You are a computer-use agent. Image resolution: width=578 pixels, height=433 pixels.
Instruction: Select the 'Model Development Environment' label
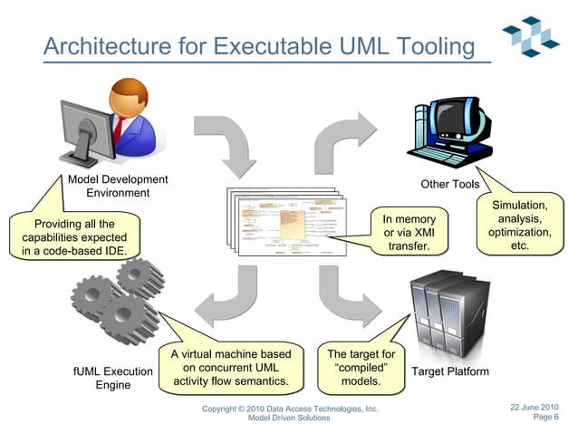(x=118, y=186)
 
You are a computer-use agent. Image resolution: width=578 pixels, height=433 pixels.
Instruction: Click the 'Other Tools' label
(x=449, y=185)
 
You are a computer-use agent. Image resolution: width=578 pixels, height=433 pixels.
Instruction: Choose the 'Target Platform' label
(x=450, y=371)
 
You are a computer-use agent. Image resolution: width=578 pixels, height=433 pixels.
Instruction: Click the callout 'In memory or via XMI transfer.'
(x=409, y=233)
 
